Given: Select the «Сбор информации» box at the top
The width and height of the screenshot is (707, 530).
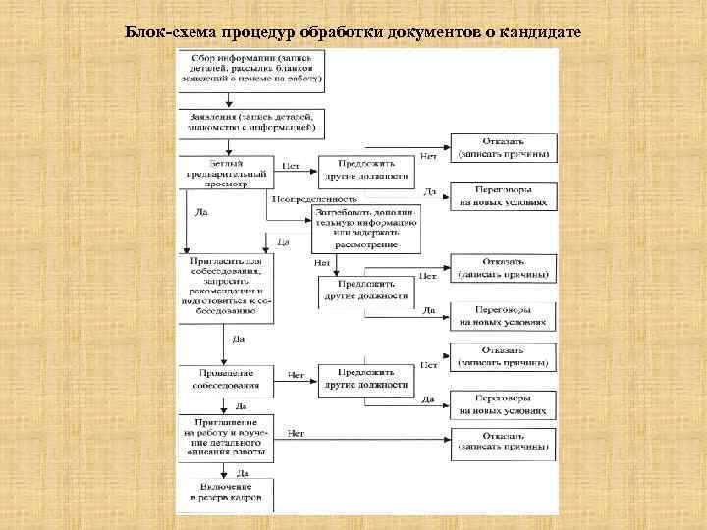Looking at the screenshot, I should (249, 71).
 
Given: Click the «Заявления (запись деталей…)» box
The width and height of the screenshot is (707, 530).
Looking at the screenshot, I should (249, 122).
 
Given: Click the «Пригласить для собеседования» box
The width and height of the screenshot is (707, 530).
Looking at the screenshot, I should (225, 286).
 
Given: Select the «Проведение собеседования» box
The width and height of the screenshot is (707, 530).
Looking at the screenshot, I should (224, 380).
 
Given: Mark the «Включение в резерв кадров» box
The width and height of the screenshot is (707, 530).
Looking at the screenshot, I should (225, 491).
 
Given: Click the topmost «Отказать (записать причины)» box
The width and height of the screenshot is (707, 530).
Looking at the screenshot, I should (503, 149).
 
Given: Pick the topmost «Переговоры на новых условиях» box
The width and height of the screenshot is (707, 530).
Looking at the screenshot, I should (503, 195).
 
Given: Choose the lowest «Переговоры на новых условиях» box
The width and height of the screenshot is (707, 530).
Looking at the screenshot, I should (503, 404).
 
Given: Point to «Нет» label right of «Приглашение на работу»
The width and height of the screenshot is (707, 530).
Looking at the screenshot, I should (296, 433).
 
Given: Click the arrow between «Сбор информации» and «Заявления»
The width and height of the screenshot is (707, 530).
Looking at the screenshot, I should (228, 101).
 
